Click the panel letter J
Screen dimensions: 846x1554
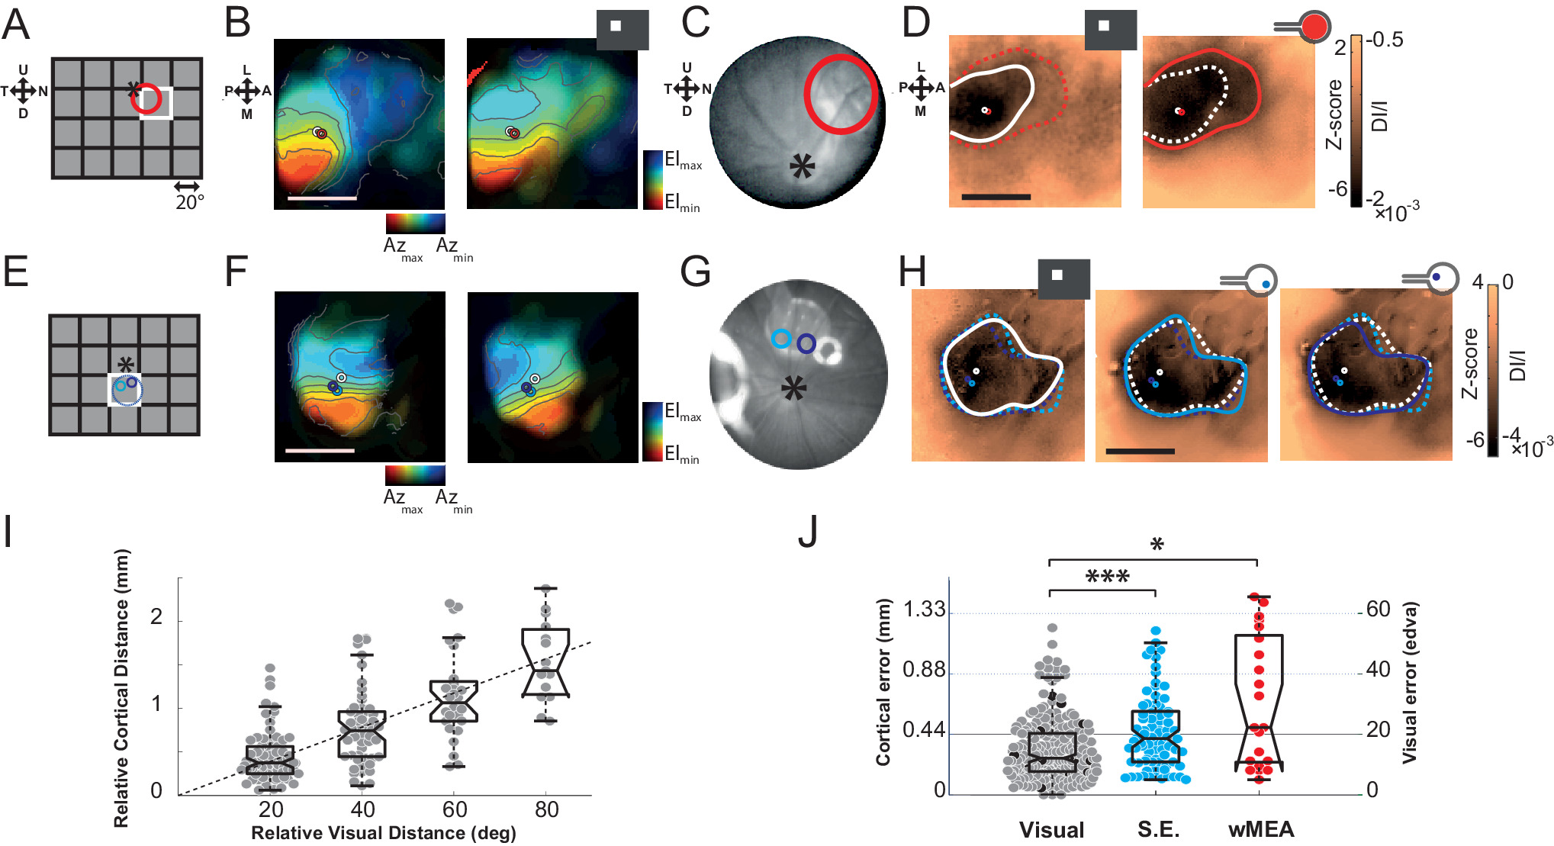click(808, 532)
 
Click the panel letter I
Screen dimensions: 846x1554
click(8, 532)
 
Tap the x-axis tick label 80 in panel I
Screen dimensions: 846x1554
click(546, 809)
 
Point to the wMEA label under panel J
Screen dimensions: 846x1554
click(1260, 830)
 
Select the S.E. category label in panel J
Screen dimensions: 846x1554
click(1158, 830)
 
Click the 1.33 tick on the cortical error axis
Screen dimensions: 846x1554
click(924, 610)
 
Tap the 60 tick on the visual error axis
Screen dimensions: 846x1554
click(1378, 610)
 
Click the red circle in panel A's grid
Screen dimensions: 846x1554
click(146, 99)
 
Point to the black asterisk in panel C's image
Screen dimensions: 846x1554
click(802, 166)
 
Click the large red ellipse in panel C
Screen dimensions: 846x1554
click(840, 95)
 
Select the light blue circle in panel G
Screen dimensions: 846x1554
click(780, 339)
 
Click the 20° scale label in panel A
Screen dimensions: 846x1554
click(189, 203)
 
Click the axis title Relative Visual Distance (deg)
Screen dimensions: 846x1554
click(383, 833)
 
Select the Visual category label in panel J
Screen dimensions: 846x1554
click(1051, 830)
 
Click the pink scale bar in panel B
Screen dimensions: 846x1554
click(322, 198)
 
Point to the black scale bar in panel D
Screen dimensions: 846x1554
click(996, 197)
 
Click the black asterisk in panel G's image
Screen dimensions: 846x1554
click(793, 389)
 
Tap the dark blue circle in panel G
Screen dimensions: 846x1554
click(806, 344)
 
